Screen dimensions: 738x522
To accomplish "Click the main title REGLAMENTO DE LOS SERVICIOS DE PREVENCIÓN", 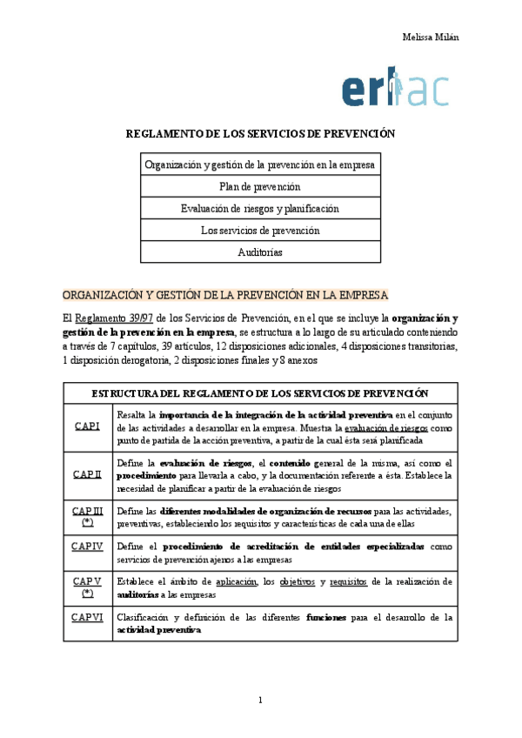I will pos(260,134).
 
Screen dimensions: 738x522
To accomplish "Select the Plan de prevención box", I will pos(260,186).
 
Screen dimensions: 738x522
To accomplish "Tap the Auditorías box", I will pos(260,252).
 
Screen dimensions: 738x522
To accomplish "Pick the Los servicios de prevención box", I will pos(260,231).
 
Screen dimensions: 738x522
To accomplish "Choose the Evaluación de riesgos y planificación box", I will pos(260,209).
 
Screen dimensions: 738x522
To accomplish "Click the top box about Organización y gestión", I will pos(260,164).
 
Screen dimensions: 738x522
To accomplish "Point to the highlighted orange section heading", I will pos(225,294).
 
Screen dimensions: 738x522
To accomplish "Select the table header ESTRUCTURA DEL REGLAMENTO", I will pos(260,392).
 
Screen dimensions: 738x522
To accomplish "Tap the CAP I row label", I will pos(87,426).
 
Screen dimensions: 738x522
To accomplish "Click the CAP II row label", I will pos(87,473).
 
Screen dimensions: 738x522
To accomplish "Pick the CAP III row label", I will pos(87,516).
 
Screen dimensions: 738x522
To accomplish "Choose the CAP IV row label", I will pos(87,546).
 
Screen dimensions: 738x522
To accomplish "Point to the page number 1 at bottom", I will pos(260,701).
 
